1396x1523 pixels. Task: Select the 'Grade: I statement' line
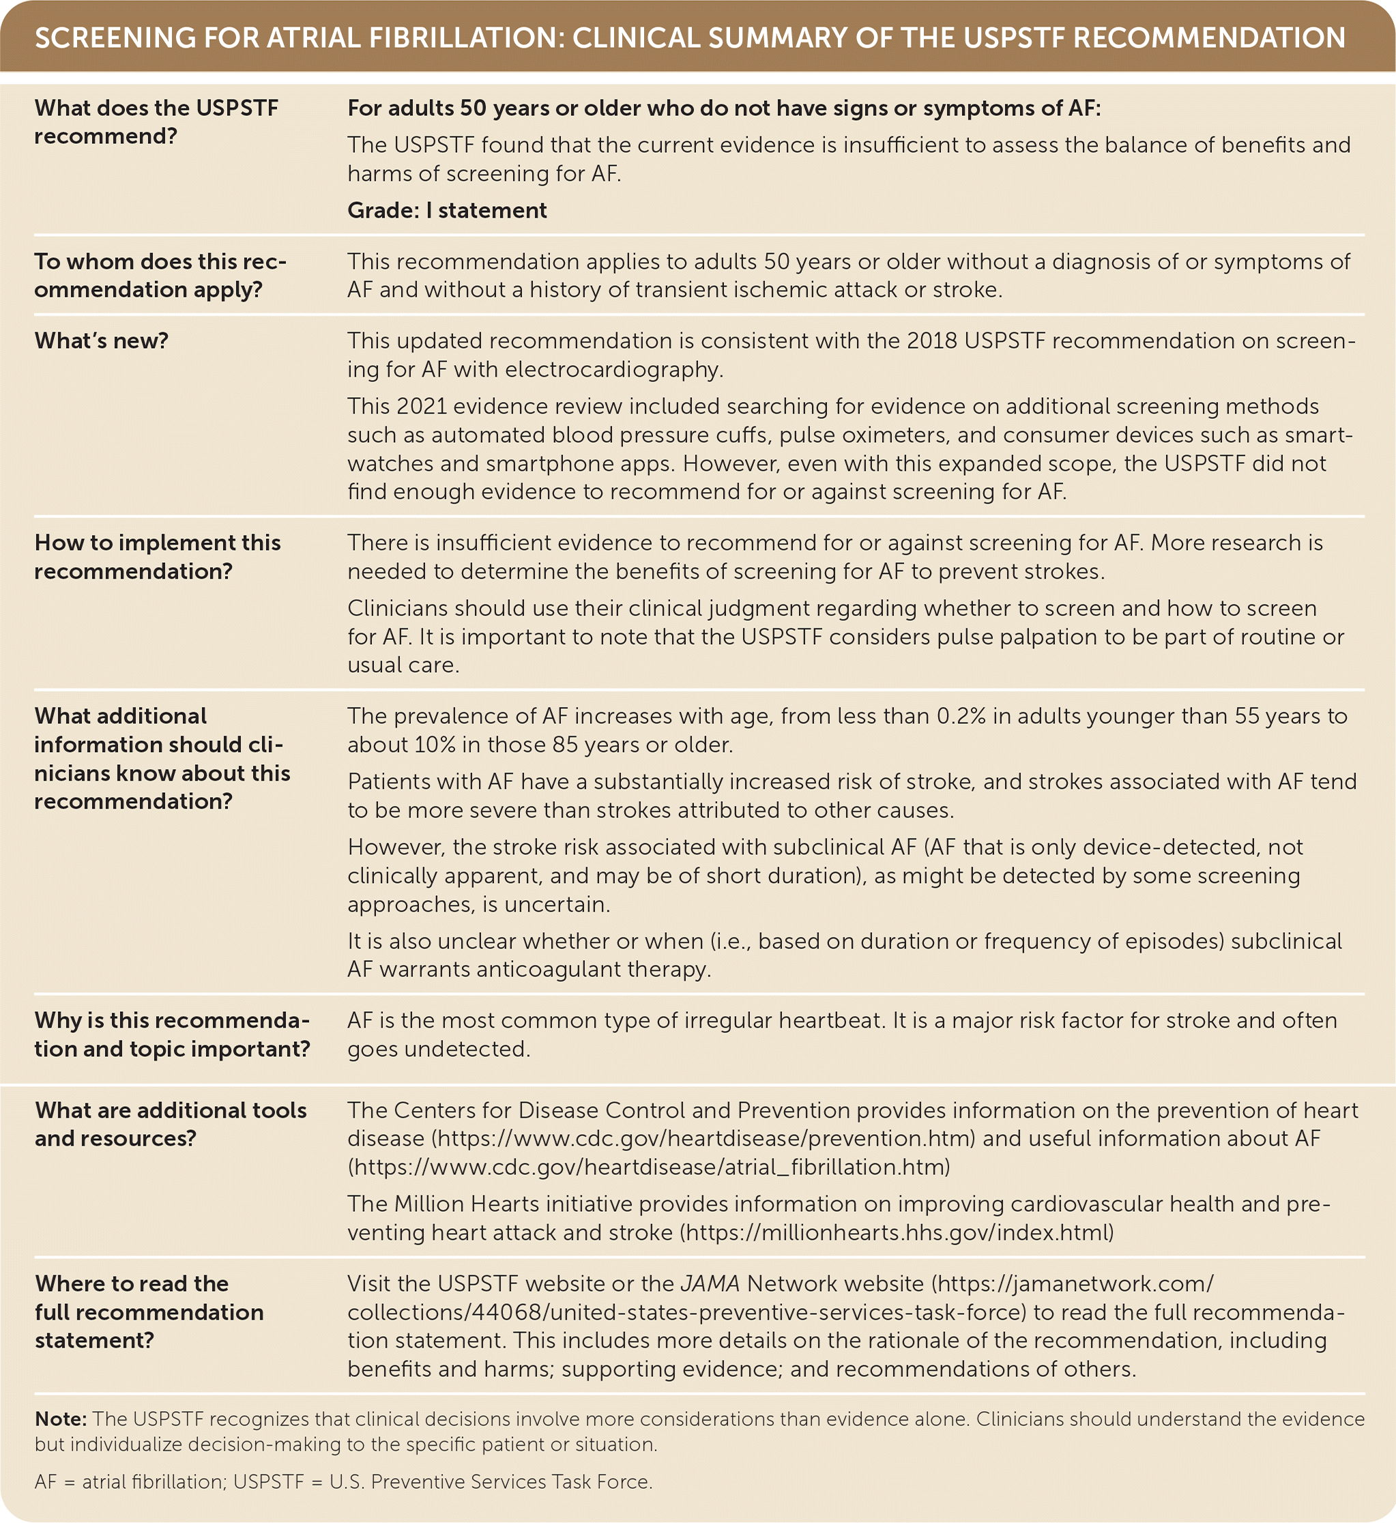446,210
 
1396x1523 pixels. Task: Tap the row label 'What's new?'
101,340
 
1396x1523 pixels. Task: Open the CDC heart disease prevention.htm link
703,1138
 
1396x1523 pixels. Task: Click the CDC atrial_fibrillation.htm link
648,1167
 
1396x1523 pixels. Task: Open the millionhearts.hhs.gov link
897,1233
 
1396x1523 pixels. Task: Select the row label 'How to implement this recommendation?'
157,557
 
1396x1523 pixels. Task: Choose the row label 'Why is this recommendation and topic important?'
171,1034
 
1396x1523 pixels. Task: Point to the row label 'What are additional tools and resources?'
170,1124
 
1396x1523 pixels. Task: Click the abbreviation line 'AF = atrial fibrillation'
129,1482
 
